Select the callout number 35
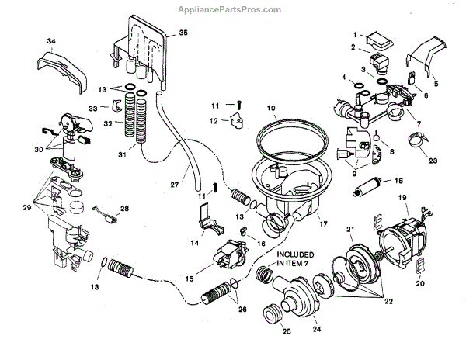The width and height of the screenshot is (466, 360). pos(183,33)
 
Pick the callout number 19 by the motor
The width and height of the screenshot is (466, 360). pos(403,199)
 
